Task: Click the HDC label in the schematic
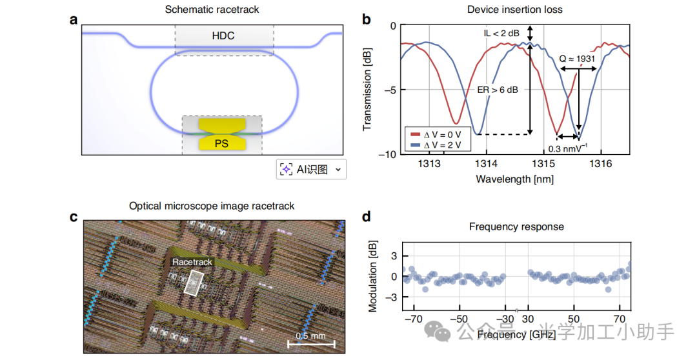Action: (224, 36)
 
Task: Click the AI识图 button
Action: (311, 170)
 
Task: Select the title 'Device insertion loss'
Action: (515, 10)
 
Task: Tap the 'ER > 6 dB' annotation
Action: (498, 90)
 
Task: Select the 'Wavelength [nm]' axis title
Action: (514, 179)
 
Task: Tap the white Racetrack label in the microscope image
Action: (192, 262)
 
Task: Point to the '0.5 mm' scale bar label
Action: (311, 336)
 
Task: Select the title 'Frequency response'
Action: (516, 226)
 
